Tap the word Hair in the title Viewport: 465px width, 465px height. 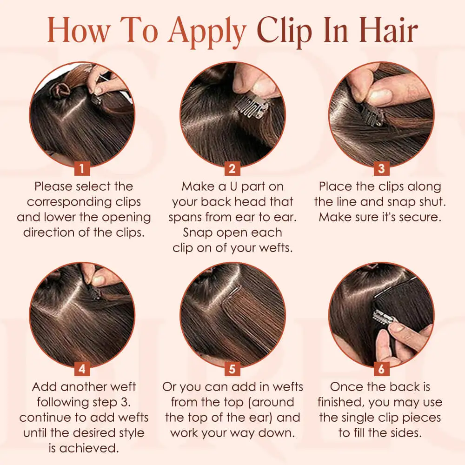pos(388,30)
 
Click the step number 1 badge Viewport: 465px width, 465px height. pos(82,169)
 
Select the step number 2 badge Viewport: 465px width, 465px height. pos(232,169)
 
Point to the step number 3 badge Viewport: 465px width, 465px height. pos(381,169)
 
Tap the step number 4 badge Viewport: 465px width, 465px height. pos(82,369)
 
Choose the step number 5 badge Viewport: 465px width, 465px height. pos(232,369)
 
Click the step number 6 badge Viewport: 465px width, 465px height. pos(381,369)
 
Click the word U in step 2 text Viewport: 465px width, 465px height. pos(233,186)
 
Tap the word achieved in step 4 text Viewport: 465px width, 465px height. pos(89,448)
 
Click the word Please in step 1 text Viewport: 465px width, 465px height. pos(53,186)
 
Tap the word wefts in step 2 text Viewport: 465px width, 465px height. pos(275,248)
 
